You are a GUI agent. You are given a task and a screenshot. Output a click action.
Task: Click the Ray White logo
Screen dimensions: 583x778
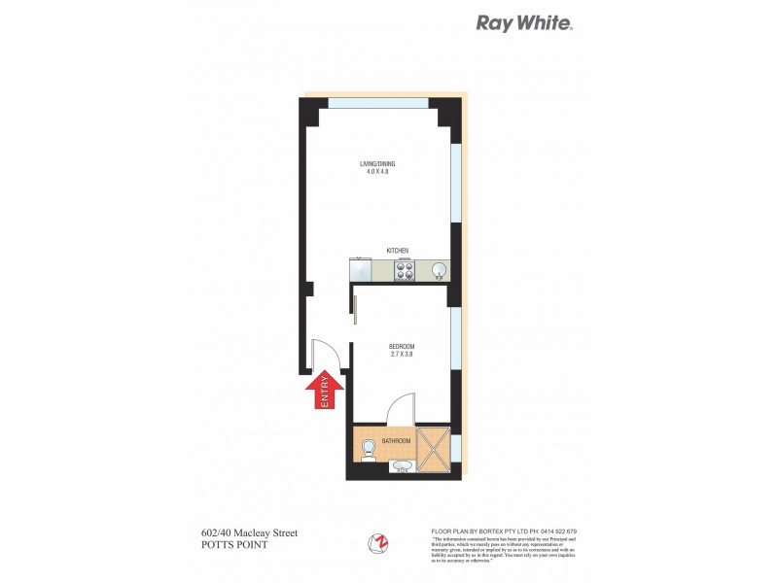523,23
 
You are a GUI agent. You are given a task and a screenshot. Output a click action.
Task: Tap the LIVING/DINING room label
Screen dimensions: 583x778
377,163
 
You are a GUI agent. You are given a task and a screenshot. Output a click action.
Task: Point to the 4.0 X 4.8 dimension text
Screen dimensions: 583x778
377,173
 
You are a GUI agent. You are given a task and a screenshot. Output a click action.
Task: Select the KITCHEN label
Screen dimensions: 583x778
398,250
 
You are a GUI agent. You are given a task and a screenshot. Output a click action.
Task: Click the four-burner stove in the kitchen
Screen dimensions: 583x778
406,270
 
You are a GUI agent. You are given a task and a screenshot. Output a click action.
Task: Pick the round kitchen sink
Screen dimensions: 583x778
439,270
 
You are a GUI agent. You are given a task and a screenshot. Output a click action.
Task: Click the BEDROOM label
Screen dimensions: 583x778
402,347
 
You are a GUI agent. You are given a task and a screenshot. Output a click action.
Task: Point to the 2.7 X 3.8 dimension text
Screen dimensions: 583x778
402,357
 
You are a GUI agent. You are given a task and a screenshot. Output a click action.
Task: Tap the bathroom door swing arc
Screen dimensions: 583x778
401,408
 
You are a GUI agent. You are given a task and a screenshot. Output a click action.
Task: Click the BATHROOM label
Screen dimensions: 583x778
396,441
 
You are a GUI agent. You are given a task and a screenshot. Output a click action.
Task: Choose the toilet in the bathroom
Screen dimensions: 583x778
368,450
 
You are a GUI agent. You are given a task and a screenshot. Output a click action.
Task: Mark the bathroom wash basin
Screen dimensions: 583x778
402,467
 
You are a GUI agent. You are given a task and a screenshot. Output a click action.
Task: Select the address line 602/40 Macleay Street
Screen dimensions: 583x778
242,532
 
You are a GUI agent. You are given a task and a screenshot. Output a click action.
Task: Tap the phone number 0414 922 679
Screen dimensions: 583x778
555,531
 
